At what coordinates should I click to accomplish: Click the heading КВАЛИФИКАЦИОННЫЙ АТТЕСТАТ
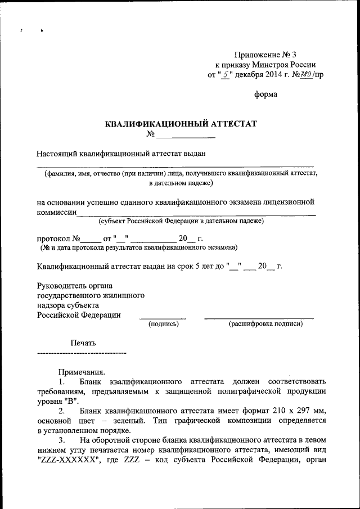coord(181,124)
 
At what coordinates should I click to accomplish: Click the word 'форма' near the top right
coord(265,94)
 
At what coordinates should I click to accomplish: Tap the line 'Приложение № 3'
coord(264,55)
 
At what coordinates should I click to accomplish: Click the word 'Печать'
coord(83,343)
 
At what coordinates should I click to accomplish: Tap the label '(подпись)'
coord(163,324)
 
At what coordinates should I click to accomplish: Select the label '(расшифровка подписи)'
coord(265,324)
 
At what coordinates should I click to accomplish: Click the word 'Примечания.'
coord(81,372)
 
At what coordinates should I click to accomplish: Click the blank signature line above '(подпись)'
coord(163,318)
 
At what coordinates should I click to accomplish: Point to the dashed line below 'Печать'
coord(81,353)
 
